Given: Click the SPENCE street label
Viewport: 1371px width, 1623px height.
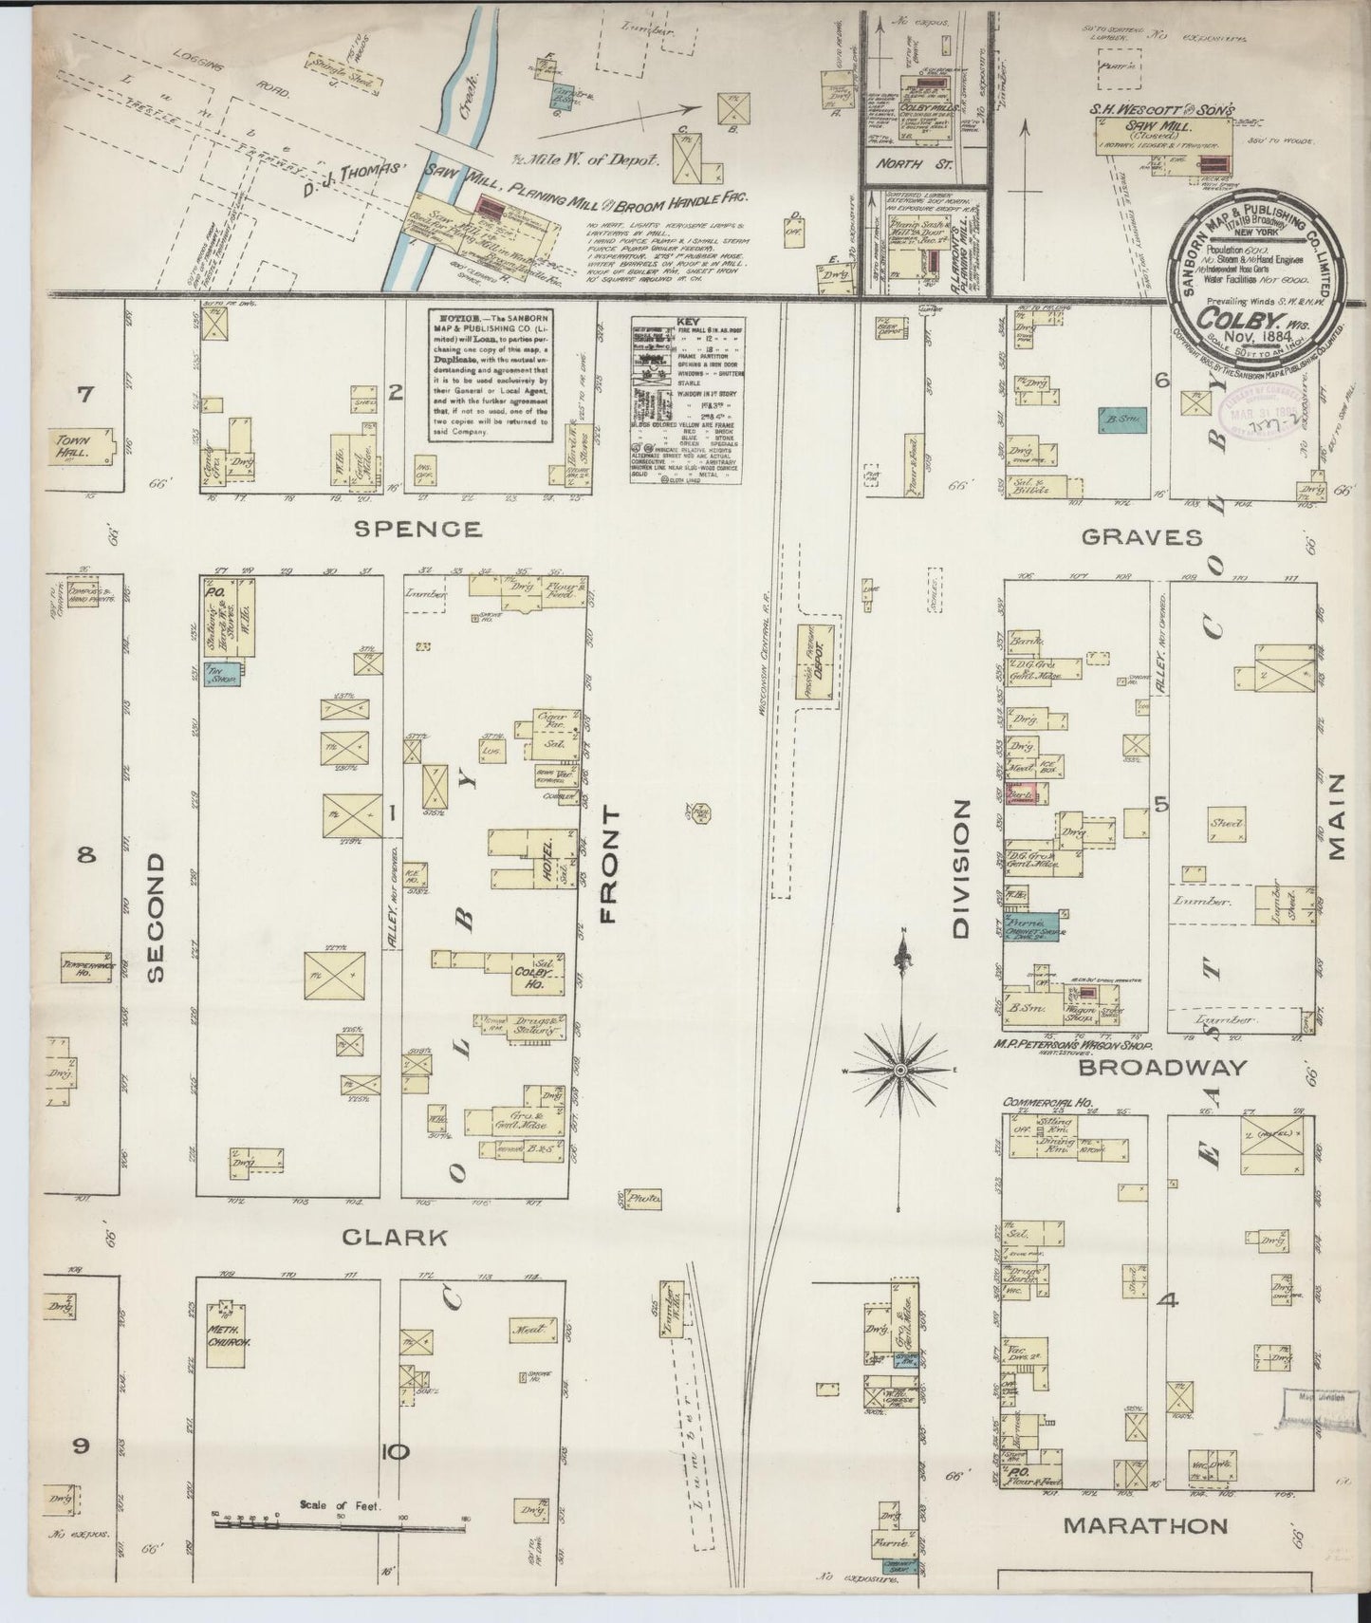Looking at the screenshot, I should click(418, 529).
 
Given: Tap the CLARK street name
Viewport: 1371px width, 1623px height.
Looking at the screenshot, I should click(395, 1238).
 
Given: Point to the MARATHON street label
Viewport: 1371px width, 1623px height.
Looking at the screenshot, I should click(1145, 1526).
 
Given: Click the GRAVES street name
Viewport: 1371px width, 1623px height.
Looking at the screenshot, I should click(1142, 537).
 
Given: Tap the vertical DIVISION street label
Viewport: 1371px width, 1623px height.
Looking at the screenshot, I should click(961, 867).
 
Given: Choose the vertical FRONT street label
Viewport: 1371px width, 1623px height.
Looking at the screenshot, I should click(608, 866).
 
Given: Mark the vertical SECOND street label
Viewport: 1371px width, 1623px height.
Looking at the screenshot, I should click(156, 915).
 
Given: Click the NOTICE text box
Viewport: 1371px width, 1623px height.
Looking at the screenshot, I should click(491, 374).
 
